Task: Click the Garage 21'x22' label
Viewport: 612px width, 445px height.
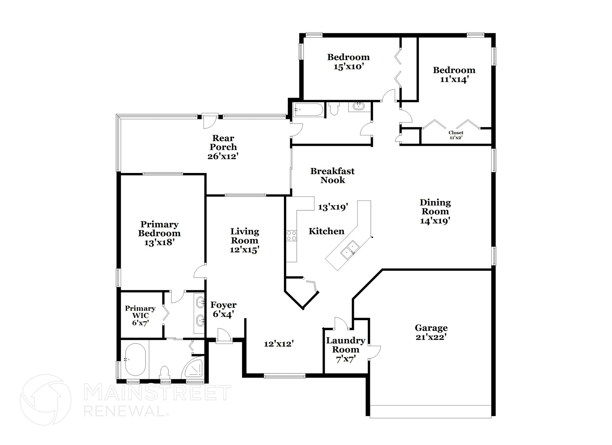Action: pyautogui.click(x=431, y=332)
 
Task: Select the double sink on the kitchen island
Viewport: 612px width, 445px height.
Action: pyautogui.click(x=350, y=249)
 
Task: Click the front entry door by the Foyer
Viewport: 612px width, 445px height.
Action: pyautogui.click(x=224, y=336)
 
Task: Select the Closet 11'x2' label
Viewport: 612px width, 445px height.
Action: pyautogui.click(x=456, y=135)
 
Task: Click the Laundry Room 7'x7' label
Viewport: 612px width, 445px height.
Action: pyautogui.click(x=345, y=349)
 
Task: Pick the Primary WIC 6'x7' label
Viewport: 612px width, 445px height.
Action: pyautogui.click(x=140, y=315)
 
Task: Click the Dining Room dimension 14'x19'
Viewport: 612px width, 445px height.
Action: pyautogui.click(x=435, y=221)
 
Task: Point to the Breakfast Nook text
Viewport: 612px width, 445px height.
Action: pyautogui.click(x=332, y=175)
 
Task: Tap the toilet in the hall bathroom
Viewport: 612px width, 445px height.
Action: pyautogui.click(x=333, y=109)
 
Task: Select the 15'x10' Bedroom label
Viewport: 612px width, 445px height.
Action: pyautogui.click(x=348, y=62)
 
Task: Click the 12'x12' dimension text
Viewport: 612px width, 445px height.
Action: pyautogui.click(x=279, y=344)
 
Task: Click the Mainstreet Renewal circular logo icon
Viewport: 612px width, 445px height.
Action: pyautogui.click(x=45, y=400)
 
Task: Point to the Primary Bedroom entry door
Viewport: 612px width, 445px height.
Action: pyautogui.click(x=200, y=272)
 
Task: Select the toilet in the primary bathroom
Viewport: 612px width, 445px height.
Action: pyautogui.click(x=164, y=372)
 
